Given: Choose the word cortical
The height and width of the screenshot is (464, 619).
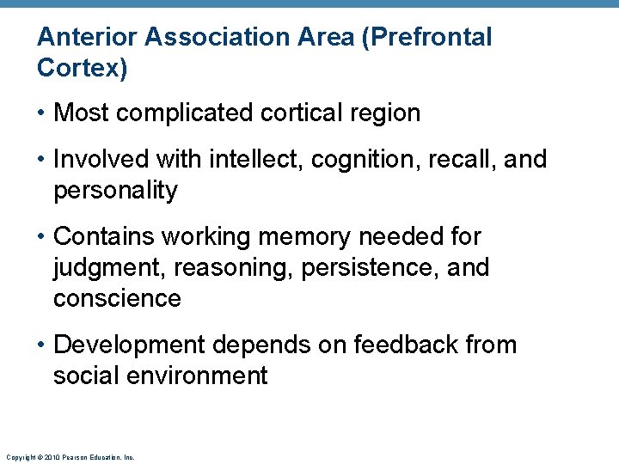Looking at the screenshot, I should (298, 113).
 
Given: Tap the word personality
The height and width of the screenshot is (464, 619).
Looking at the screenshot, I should (114, 190).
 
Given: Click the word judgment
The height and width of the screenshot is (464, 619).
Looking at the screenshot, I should (109, 267).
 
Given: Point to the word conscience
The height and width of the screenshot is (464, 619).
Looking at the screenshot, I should (117, 298).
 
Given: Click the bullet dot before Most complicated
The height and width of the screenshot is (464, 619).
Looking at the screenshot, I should (42, 113).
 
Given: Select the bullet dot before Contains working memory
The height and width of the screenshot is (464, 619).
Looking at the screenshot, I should (42, 236).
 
